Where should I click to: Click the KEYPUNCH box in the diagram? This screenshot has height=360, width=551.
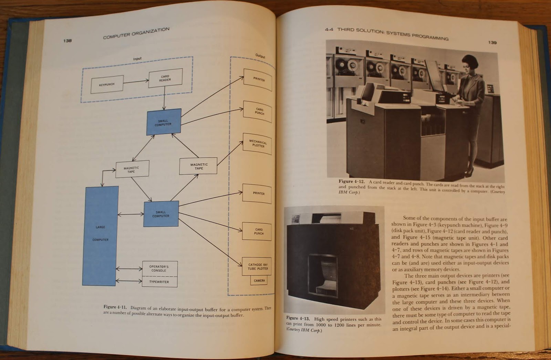click(107, 84)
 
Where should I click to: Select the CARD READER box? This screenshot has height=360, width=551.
click(165, 78)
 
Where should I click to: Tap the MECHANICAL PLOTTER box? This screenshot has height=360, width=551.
click(258, 144)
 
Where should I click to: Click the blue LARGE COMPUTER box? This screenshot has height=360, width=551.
click(100, 236)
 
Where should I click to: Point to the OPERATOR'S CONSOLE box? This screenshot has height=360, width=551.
click(159, 268)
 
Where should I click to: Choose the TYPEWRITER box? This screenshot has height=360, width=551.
click(159, 282)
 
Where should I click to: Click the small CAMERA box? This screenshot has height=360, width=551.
click(259, 280)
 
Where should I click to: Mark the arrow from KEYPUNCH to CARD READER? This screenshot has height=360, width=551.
click(136, 82)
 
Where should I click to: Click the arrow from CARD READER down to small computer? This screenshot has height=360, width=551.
click(164, 98)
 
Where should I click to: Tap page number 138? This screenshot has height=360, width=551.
click(67, 41)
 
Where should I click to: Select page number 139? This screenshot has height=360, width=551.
click(492, 42)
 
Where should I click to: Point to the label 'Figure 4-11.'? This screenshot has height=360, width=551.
click(115, 307)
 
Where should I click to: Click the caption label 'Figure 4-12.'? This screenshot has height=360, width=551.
click(351, 181)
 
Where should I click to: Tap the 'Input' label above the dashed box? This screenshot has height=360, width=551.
click(137, 59)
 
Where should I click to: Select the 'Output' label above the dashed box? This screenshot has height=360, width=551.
click(260, 55)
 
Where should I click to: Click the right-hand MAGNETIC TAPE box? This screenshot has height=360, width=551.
click(199, 166)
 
